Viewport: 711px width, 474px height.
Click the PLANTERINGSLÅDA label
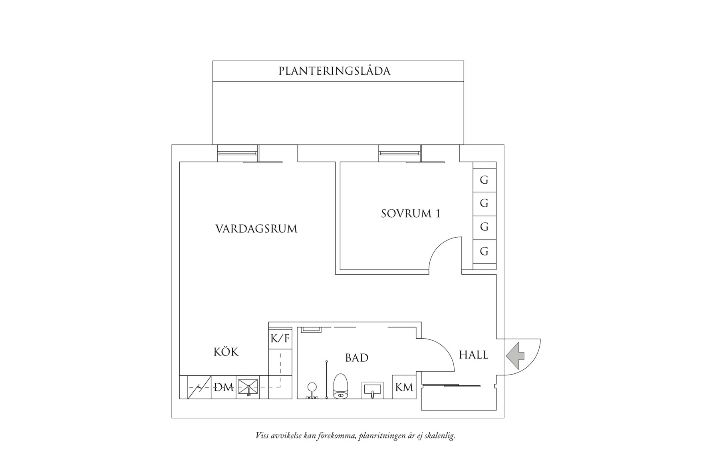pos(334,71)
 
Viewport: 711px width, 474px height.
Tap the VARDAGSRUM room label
pos(256,229)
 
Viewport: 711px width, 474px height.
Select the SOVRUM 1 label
pos(411,214)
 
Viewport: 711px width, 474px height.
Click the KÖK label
pos(226,352)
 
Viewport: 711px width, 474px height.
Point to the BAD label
pos(357,358)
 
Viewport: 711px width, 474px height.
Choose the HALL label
pos(473,355)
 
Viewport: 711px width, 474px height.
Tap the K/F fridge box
pos(280,339)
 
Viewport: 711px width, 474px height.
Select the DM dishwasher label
pos(224,387)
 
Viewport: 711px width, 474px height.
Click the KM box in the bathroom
pos(404,387)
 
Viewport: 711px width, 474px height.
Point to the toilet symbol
pos(341,386)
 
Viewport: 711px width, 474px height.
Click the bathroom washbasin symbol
pos(372,390)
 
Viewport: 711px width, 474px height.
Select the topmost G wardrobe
pos(484,180)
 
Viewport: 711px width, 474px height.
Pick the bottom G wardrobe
pos(484,252)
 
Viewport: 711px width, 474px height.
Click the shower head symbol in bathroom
pos(312,387)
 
